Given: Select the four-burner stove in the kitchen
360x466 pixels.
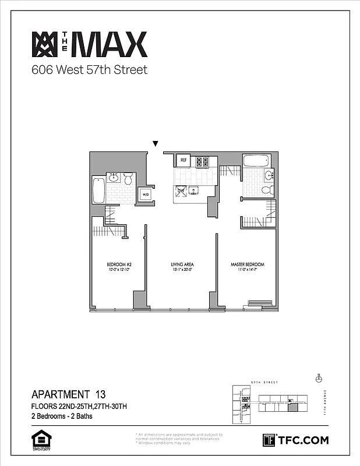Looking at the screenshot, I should tap(202, 162).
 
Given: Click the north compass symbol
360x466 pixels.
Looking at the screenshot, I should tap(318, 378).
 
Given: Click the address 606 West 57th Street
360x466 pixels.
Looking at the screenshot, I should tap(89, 70).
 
